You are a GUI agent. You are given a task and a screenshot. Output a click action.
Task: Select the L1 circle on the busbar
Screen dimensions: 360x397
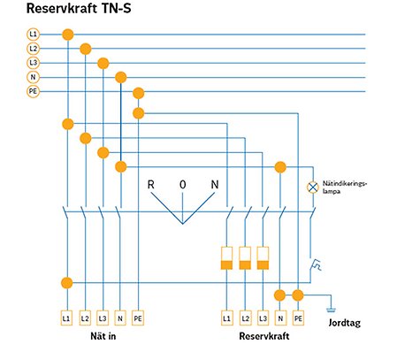[33, 34]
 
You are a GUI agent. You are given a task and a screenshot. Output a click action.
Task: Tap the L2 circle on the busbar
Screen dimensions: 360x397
[33, 49]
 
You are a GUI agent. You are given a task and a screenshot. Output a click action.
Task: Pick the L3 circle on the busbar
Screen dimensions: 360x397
[33, 63]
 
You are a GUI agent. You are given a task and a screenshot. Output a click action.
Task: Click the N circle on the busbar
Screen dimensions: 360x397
[33, 77]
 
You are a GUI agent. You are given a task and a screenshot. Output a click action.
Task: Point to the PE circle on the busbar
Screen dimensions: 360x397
[33, 91]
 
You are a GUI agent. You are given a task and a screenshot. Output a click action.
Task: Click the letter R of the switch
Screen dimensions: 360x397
[151, 184]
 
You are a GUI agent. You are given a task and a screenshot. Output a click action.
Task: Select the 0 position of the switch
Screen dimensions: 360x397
[183, 184]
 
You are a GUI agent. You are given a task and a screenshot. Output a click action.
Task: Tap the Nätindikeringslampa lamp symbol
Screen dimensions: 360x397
[312, 188]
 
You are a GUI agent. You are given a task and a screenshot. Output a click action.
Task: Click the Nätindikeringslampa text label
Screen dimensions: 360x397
[347, 186]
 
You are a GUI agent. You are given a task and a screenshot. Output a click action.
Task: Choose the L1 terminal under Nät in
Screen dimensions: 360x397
[66, 316]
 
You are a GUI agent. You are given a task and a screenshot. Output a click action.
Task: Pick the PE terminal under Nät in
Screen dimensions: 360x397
[138, 316]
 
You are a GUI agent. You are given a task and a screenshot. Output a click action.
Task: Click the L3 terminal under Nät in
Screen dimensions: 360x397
[103, 316]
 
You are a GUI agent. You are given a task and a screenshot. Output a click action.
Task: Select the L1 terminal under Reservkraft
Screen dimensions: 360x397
[227, 316]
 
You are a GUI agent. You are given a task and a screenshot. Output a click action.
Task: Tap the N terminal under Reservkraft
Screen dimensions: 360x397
[280, 316]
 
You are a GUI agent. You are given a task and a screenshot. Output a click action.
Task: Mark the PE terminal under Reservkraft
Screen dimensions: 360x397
[298, 316]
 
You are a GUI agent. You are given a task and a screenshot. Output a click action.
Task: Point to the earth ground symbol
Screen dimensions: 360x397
[330, 309]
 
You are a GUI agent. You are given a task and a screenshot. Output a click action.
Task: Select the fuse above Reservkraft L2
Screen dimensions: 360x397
[245, 258]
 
